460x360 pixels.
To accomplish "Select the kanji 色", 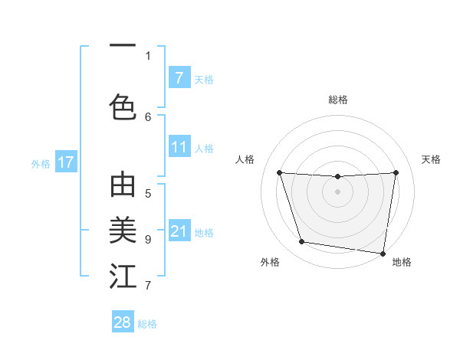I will click(123, 106).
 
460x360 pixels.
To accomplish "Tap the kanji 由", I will click(123, 185).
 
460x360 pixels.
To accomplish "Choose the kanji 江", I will click(123, 277).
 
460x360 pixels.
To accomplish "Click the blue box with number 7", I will click(179, 77).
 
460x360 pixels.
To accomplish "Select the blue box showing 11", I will click(179, 147).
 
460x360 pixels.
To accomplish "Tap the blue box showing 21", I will click(179, 231).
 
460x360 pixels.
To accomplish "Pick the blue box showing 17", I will click(65, 162).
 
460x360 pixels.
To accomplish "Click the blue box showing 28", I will click(123, 322).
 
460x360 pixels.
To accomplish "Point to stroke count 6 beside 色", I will click(149, 116).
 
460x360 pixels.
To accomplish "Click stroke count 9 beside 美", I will click(148, 239).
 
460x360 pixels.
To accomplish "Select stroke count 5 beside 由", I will click(148, 194).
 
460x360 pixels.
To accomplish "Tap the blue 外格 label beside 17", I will click(41, 163).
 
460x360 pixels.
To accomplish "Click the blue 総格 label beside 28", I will click(147, 324).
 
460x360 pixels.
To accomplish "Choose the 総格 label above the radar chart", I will click(338, 100).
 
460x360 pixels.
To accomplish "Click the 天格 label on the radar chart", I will click(431, 159).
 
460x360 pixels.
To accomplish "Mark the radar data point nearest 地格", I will click(383, 253).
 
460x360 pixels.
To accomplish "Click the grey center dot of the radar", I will click(337, 191).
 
